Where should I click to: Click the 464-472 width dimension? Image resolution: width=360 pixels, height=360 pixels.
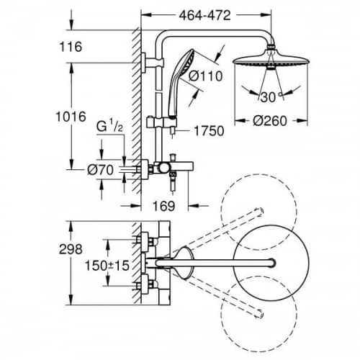(204, 16)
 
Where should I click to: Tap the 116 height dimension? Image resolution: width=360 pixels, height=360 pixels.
(71, 47)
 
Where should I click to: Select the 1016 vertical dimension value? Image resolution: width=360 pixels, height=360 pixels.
(71, 117)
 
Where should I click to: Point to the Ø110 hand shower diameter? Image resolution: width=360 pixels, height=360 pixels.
(205, 76)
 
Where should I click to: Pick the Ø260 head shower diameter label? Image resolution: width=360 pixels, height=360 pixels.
(270, 121)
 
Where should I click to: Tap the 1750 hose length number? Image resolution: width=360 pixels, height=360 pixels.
(209, 131)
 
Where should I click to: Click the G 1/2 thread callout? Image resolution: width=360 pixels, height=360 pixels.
(109, 127)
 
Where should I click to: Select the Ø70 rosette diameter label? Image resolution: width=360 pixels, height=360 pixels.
(100, 170)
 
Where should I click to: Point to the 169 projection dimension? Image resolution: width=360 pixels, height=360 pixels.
(164, 206)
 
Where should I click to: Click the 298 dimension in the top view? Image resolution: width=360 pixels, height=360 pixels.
(71, 249)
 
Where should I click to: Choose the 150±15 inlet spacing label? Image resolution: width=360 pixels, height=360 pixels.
(107, 266)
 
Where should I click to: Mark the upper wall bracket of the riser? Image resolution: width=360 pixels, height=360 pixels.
(153, 63)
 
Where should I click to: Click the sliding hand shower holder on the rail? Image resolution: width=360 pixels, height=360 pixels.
(162, 122)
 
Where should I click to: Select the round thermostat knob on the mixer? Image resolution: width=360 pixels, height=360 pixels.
(163, 168)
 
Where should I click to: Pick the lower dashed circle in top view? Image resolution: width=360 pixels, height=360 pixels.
(258, 315)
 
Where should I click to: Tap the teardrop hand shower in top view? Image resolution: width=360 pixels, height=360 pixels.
(184, 263)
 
